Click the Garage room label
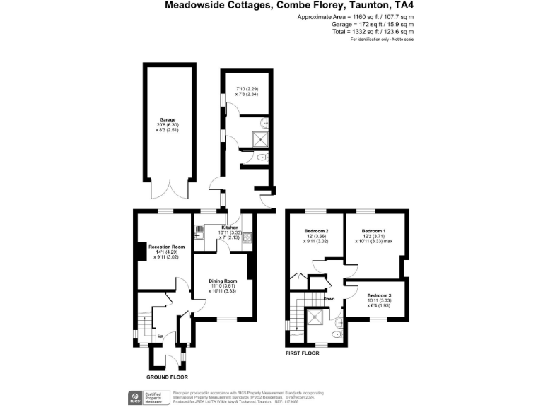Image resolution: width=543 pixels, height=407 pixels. (167, 120)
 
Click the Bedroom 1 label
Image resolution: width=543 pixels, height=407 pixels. (374, 231)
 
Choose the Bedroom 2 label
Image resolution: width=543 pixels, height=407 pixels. (316, 231)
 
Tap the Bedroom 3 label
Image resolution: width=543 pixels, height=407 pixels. (380, 295)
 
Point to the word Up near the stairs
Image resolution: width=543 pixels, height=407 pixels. (160, 336)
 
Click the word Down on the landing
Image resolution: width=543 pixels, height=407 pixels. (329, 299)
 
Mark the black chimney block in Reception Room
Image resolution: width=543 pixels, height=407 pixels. (141, 252)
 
